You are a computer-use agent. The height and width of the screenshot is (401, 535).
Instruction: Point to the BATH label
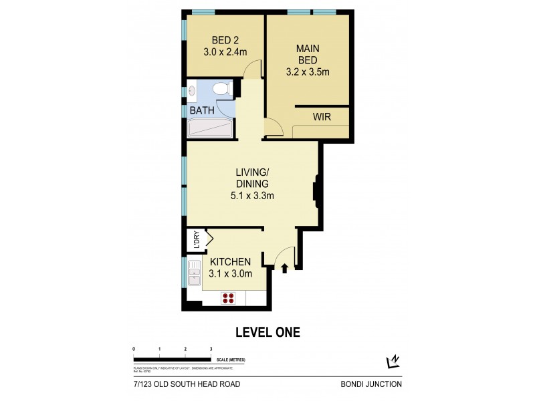(201, 110)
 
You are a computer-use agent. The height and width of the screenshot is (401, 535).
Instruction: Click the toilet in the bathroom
(221, 89)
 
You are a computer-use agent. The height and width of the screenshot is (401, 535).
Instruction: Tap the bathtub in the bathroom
(209, 128)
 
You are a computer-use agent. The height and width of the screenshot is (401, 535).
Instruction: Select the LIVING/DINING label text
(252, 178)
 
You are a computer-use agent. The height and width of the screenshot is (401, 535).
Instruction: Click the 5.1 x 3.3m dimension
(252, 196)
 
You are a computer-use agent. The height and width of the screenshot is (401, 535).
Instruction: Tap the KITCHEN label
(230, 261)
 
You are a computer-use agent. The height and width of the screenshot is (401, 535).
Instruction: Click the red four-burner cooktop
(229, 299)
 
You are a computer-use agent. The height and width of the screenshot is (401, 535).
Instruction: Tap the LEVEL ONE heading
(267, 331)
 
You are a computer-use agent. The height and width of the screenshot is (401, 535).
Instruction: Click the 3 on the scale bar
(211, 350)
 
